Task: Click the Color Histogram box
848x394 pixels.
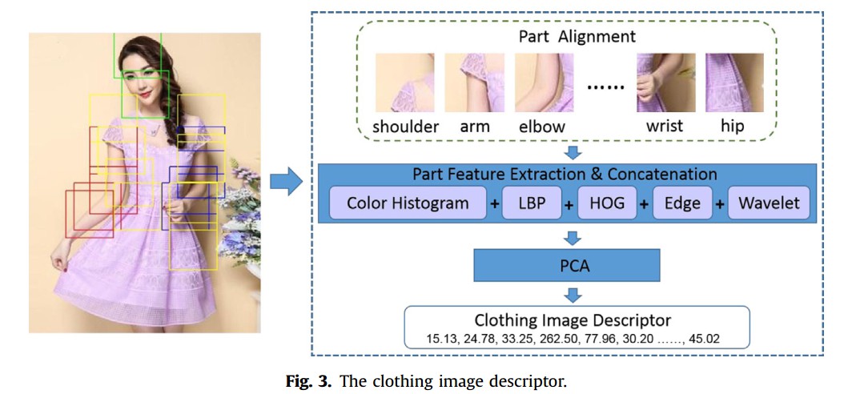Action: pyautogui.click(x=408, y=203)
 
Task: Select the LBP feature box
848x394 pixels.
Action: pyautogui.click(x=532, y=203)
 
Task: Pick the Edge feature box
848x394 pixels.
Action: pyautogui.click(x=682, y=203)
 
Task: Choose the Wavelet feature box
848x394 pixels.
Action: pyautogui.click(x=769, y=203)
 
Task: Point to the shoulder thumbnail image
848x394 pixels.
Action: pyautogui.click(x=405, y=82)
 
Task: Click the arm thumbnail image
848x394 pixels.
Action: pyautogui.click(x=475, y=82)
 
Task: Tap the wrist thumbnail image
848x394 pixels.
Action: pyautogui.click(x=665, y=82)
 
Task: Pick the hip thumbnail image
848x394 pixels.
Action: pyautogui.click(x=733, y=82)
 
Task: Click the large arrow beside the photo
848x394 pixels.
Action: pyautogui.click(x=285, y=183)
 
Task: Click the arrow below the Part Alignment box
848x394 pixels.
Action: pyautogui.click(x=573, y=152)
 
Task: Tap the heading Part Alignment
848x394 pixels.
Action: pyautogui.click(x=577, y=36)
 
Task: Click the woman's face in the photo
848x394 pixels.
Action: pyautogui.click(x=143, y=66)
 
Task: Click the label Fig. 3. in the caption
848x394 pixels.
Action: pyautogui.click(x=309, y=380)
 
